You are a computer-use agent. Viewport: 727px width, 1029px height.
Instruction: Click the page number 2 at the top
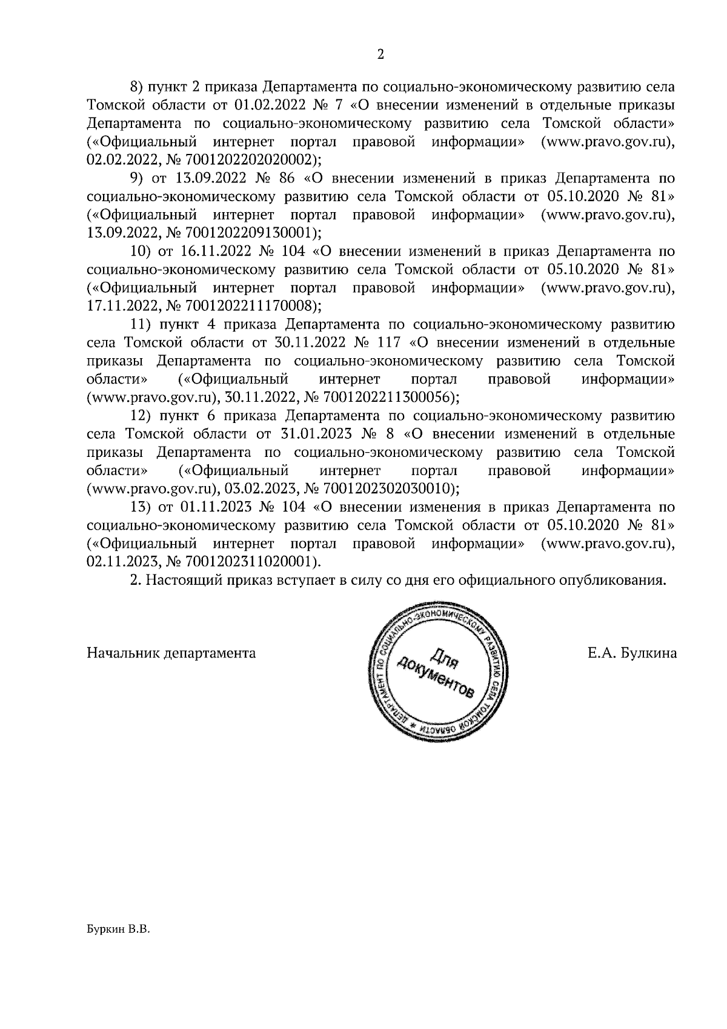(380, 54)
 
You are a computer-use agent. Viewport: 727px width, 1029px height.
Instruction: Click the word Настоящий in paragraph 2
(184, 580)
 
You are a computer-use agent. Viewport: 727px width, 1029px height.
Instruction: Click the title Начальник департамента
(171, 653)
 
